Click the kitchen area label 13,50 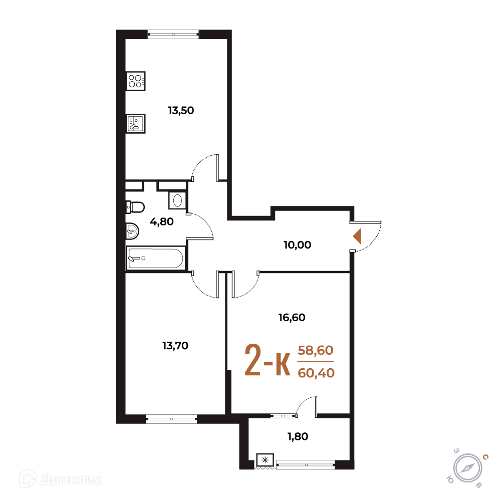181,111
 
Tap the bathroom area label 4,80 162,221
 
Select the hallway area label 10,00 297,245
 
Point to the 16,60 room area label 292,318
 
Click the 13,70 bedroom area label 175,346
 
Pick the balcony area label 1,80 298,436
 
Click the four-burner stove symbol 135,81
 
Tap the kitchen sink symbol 135,123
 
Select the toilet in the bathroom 135,207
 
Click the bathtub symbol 156,259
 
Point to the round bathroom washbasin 132,230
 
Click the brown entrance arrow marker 357,236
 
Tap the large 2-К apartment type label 268,360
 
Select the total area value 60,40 316,373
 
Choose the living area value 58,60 315,351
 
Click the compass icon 468,468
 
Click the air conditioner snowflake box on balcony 265,460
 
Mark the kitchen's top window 173,34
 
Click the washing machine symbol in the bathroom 177,200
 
